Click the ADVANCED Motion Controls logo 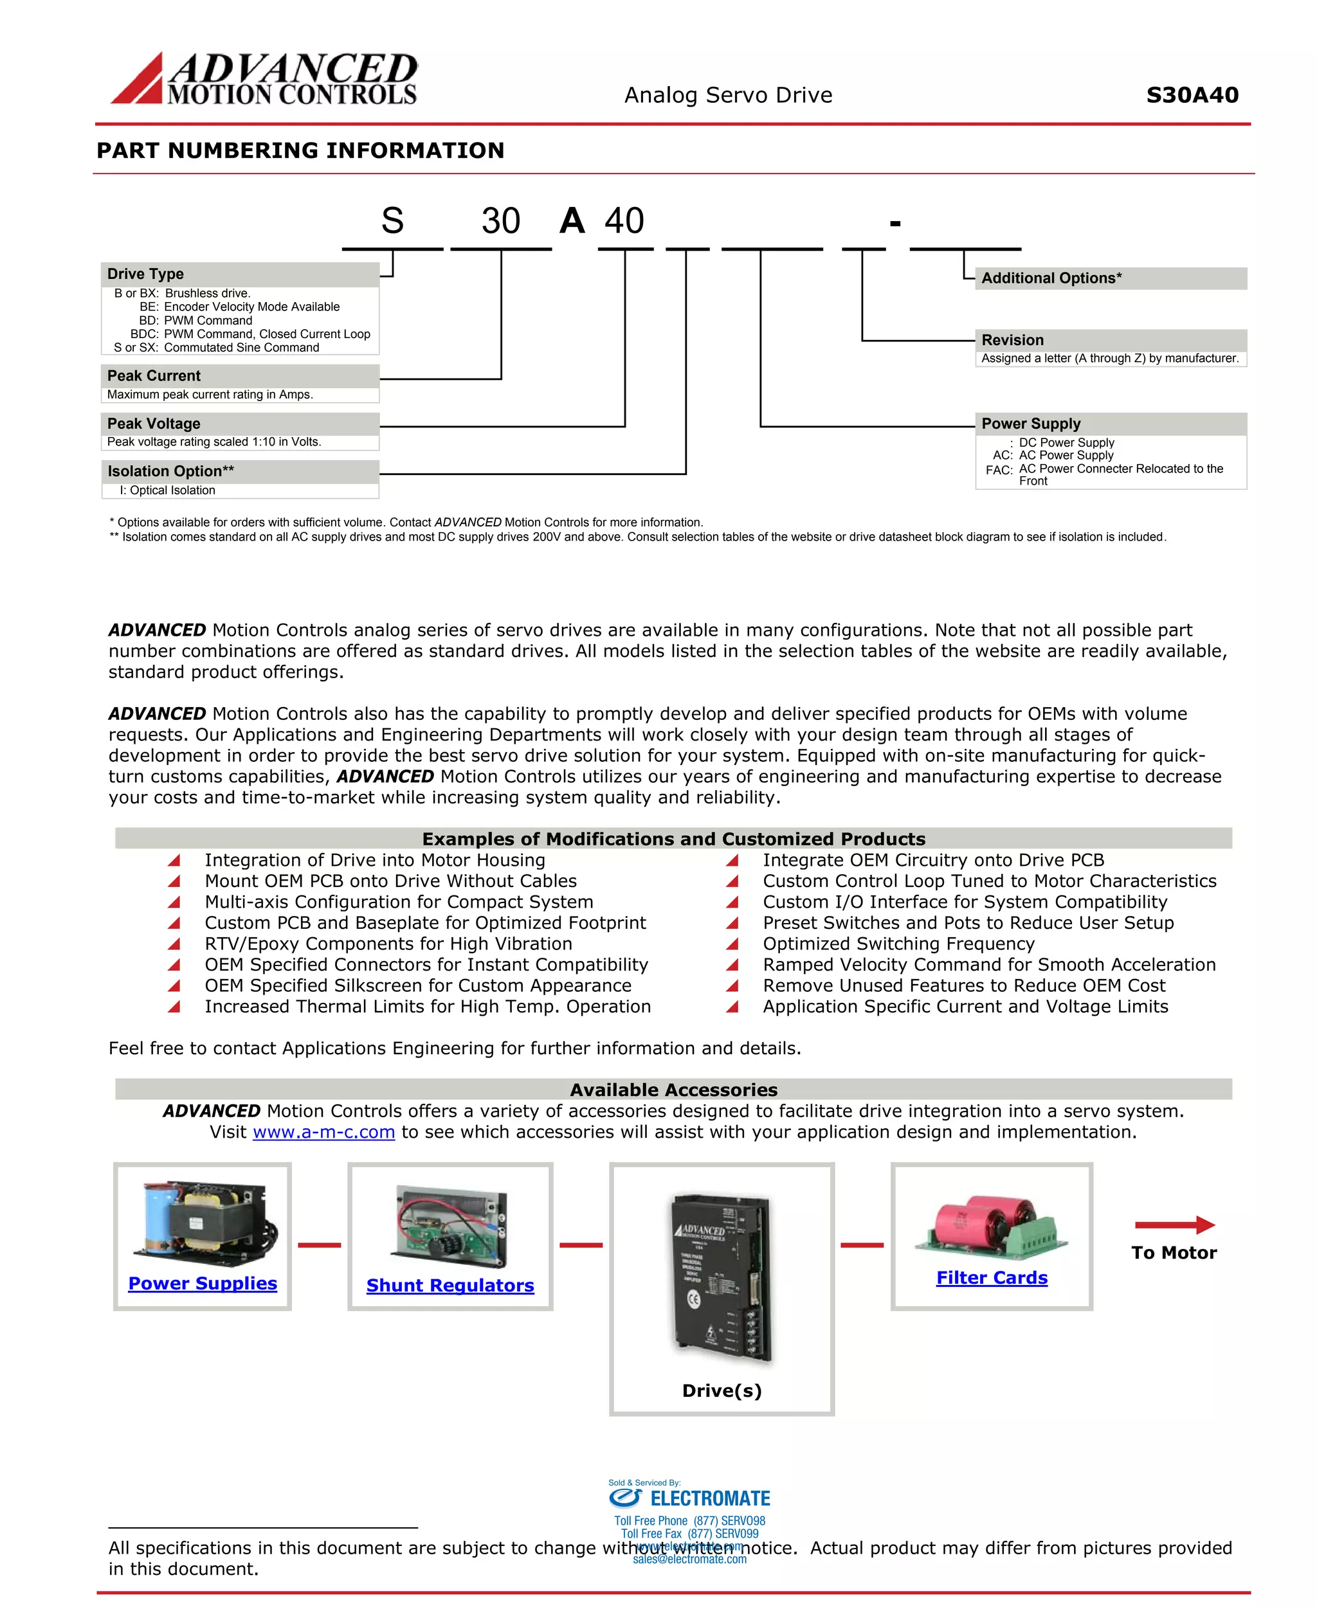(264, 78)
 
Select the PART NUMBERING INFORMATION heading (300, 150)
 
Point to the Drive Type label (146, 274)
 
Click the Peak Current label (154, 375)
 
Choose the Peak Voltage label (154, 423)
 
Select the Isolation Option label (170, 471)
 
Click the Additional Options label (1051, 278)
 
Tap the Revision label (1012, 340)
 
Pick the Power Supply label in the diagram (1030, 423)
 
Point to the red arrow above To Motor (1174, 1224)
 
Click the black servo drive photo (721, 1277)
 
